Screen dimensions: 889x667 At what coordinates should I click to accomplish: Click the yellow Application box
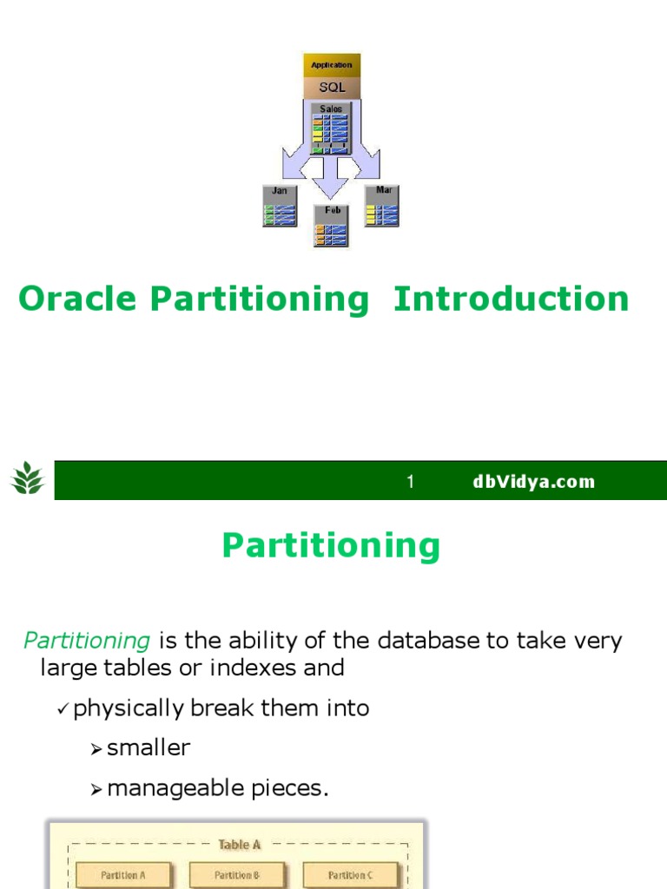(x=332, y=65)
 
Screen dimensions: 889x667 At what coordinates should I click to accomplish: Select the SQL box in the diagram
(x=332, y=87)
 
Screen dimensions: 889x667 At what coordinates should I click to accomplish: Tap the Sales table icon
(x=331, y=128)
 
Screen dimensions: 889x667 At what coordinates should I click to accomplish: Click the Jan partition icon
(x=280, y=207)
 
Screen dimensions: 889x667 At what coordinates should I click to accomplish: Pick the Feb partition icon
(x=331, y=226)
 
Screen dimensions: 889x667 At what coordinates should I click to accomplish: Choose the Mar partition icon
(x=382, y=206)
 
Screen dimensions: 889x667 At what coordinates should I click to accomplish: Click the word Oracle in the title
(x=77, y=299)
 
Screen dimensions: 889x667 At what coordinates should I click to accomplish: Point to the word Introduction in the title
(x=511, y=299)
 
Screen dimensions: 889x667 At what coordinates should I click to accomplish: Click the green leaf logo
(x=28, y=479)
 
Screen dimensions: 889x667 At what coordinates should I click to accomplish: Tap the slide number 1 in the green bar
(x=412, y=482)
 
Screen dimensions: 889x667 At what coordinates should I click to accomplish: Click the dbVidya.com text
(x=533, y=482)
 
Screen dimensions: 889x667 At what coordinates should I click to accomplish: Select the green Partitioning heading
(x=331, y=546)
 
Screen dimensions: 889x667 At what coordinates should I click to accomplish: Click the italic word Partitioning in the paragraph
(x=87, y=642)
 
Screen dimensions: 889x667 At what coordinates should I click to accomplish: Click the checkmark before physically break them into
(x=63, y=709)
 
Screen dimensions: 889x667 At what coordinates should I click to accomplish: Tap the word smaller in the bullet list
(x=149, y=748)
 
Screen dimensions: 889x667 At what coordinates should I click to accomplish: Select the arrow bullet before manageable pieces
(x=96, y=789)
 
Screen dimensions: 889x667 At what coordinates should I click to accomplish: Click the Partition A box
(x=124, y=874)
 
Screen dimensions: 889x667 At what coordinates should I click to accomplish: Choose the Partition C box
(x=350, y=874)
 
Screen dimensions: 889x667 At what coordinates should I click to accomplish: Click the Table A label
(x=239, y=844)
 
